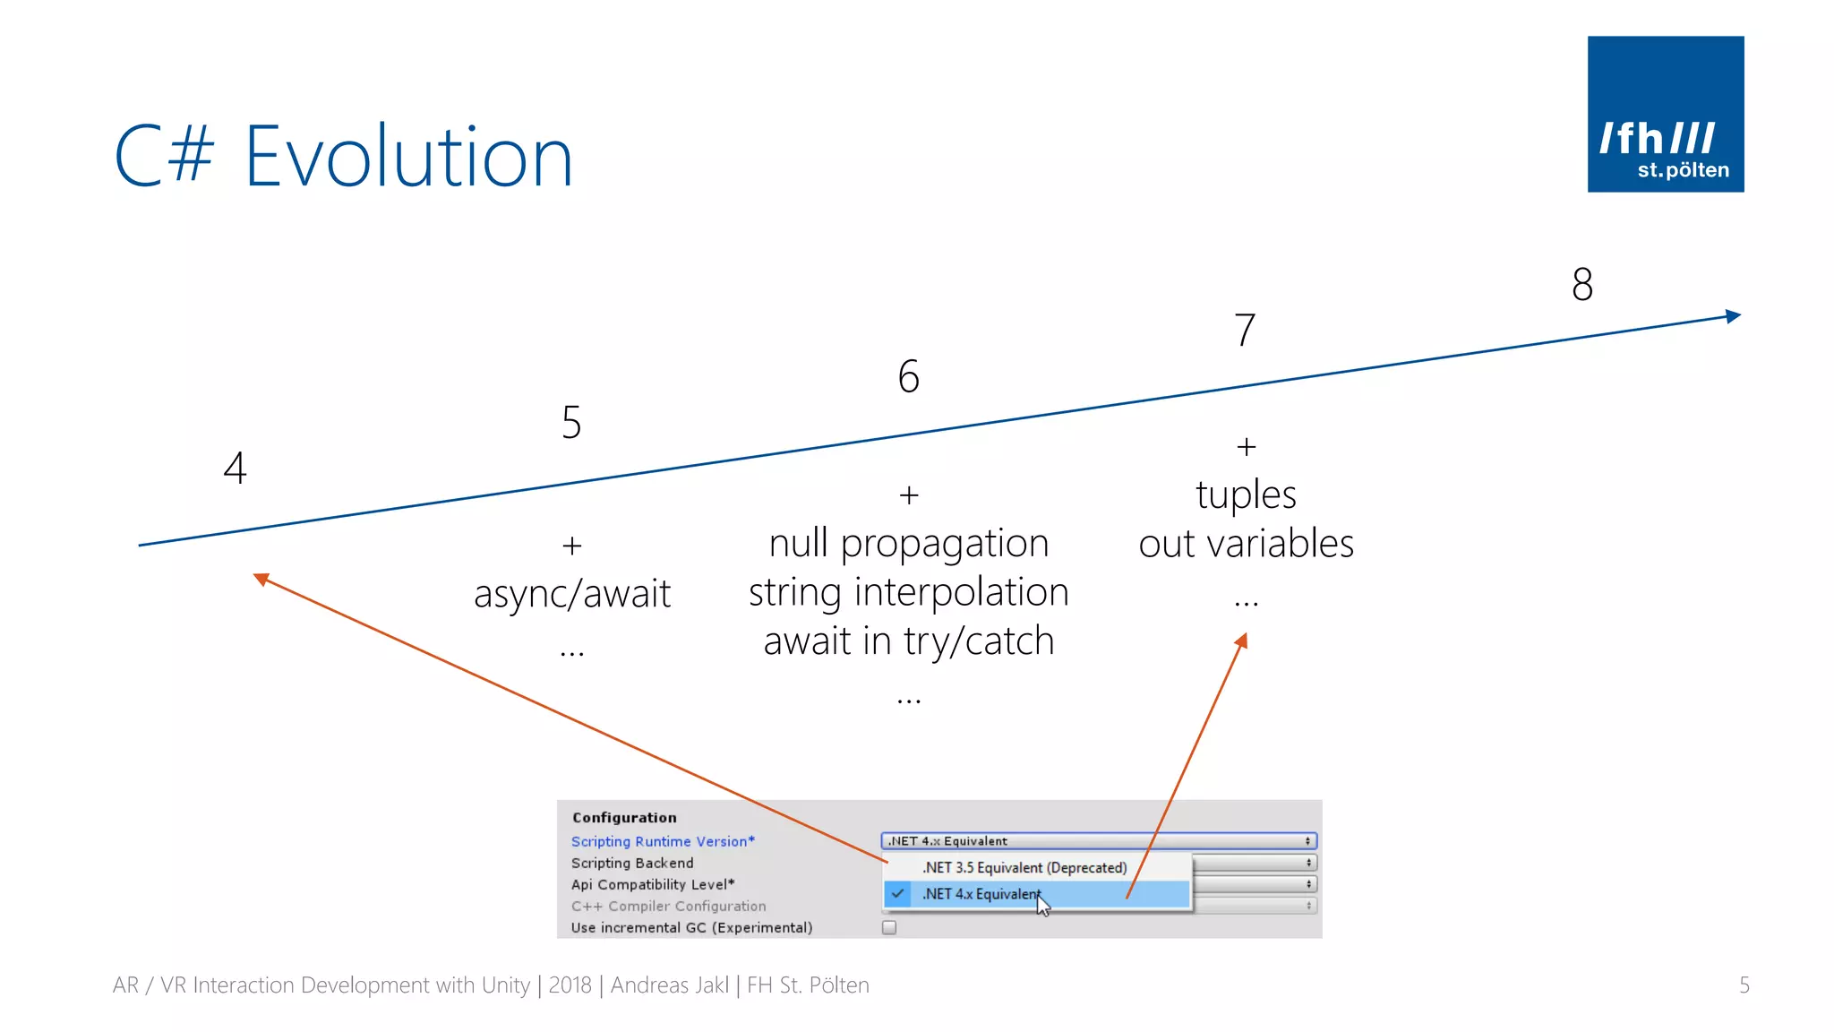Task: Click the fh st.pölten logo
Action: point(1665,114)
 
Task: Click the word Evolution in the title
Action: point(408,158)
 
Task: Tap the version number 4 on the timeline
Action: point(235,468)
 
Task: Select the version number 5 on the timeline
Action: point(571,422)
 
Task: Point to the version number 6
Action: point(908,376)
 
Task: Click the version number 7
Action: point(1245,330)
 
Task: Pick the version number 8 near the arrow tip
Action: point(1582,285)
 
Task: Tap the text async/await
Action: point(571,594)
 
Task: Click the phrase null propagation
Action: point(908,544)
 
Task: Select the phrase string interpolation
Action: point(908,592)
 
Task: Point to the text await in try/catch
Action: point(908,641)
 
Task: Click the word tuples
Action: point(1246,494)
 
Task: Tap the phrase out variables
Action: point(1246,544)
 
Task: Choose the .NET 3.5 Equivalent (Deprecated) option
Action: point(1024,867)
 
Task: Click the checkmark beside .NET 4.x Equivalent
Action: point(897,893)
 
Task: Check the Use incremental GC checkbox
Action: point(889,927)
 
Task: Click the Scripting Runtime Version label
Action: point(663,841)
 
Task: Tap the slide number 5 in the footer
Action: point(1744,985)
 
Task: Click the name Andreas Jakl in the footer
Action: point(669,985)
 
